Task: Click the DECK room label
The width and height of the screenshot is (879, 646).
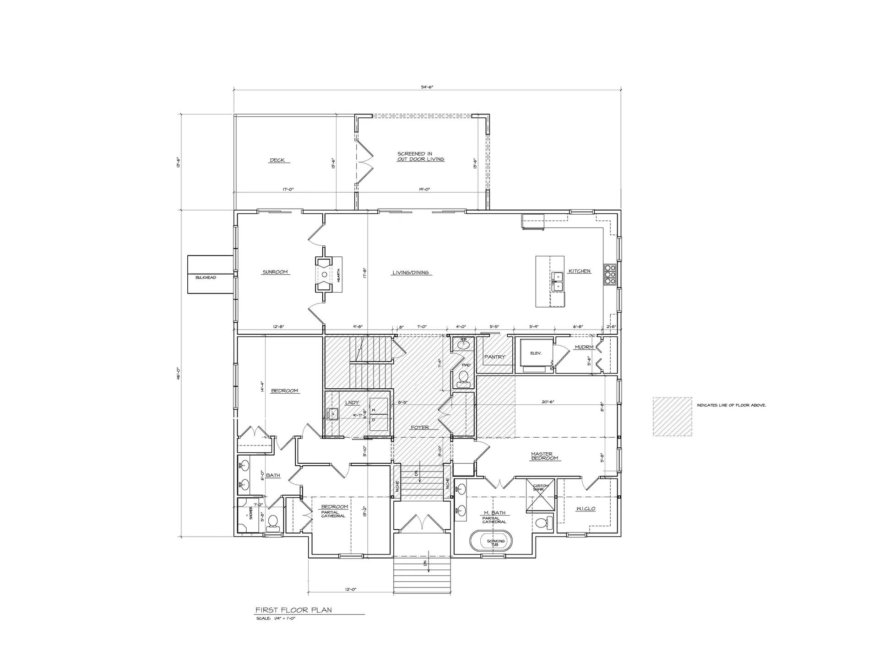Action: (x=277, y=160)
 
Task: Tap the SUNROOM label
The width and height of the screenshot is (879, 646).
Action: (x=275, y=272)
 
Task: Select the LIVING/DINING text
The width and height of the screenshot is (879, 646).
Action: (x=411, y=272)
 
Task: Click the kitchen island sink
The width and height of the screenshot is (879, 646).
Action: (x=558, y=282)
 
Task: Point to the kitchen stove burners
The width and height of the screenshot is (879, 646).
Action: (x=610, y=275)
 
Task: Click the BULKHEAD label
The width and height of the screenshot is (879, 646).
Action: (x=206, y=277)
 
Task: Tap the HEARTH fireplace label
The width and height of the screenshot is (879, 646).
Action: (x=338, y=275)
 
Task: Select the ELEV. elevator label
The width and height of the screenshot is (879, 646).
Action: (x=536, y=353)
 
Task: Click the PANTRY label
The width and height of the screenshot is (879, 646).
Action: (x=494, y=357)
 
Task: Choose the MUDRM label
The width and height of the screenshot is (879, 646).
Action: (x=584, y=347)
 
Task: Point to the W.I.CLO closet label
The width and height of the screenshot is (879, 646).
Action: (x=586, y=509)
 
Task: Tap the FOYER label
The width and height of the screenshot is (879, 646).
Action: (x=420, y=427)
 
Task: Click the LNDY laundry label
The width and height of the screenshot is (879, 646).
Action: (x=352, y=402)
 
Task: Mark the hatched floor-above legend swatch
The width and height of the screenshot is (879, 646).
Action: (x=672, y=416)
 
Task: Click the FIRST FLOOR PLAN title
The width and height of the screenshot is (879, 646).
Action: (x=293, y=610)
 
